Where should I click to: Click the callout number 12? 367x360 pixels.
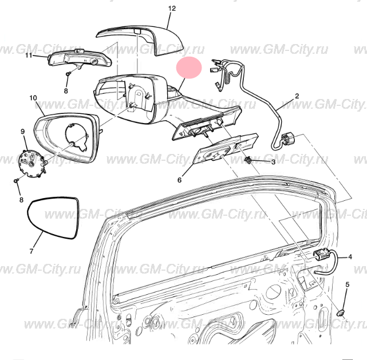click(172, 9)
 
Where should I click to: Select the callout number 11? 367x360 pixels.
click(29, 56)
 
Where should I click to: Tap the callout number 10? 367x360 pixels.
click(33, 98)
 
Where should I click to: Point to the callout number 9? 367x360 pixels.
click(23, 132)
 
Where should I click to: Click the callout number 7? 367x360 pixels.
click(31, 251)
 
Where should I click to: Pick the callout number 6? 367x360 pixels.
click(180, 180)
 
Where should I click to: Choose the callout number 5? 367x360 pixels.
click(348, 284)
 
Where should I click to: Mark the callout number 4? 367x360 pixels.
click(350, 257)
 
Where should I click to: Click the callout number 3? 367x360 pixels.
click(273, 162)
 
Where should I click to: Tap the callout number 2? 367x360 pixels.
click(297, 96)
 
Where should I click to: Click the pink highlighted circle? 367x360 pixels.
click(189, 68)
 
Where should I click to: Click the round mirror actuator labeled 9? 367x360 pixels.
click(31, 162)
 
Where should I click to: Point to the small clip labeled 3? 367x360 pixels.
click(248, 160)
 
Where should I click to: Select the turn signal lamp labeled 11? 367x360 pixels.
click(80, 60)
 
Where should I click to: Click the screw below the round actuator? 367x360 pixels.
click(16, 181)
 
